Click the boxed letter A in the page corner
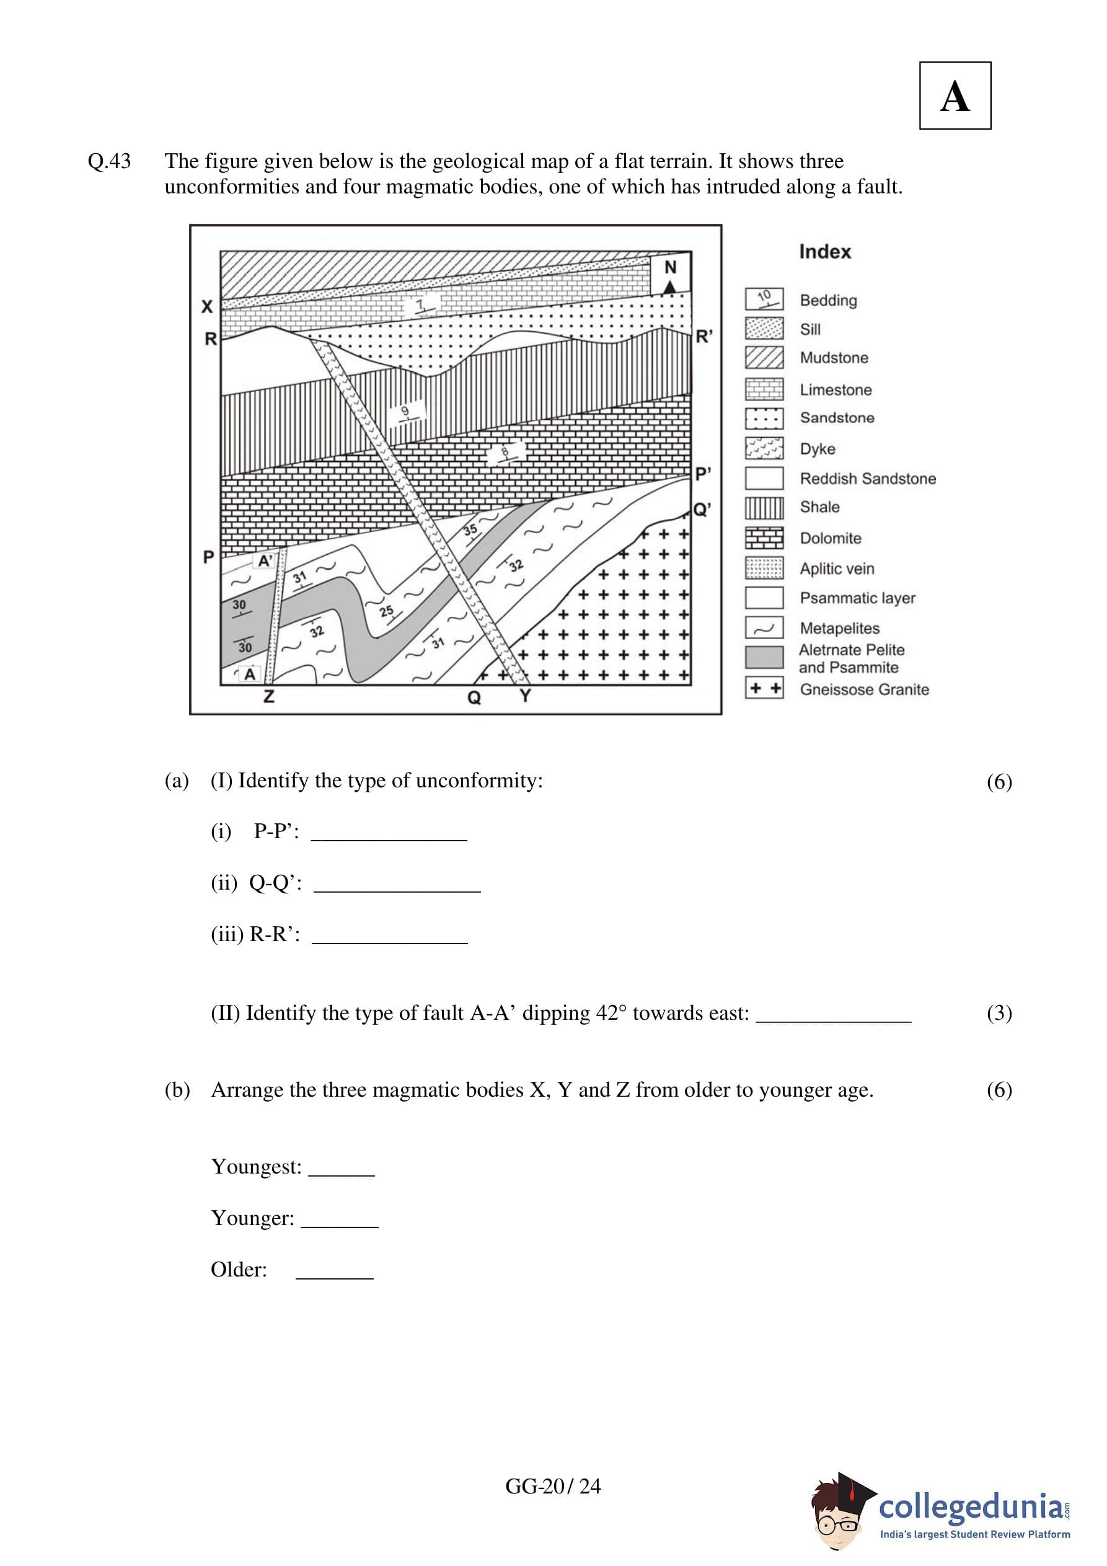click(x=955, y=96)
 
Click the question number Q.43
click(x=109, y=162)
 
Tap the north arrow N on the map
click(x=671, y=274)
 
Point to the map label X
click(x=206, y=307)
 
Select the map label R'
click(x=704, y=337)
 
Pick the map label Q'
click(x=702, y=510)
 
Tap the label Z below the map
click(x=269, y=696)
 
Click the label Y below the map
click(x=524, y=696)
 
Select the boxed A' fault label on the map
click(x=265, y=560)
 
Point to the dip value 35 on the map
click(x=470, y=530)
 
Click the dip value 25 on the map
click(x=387, y=611)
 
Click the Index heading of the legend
click(x=824, y=252)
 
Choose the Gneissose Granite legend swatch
click(x=764, y=688)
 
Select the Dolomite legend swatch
click(x=764, y=537)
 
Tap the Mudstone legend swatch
click(x=764, y=357)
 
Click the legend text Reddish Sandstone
click(x=867, y=479)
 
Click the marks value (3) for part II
click(x=999, y=1014)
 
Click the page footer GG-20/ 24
click(x=552, y=1486)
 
